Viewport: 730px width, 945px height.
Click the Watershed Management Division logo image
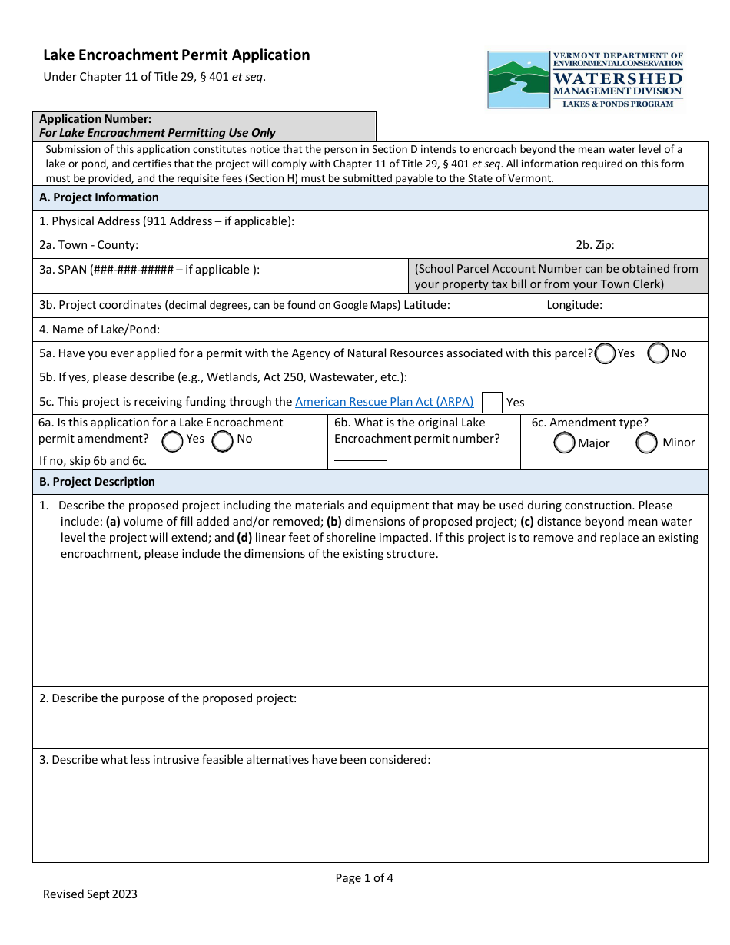(x=586, y=79)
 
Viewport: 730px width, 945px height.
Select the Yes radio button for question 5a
(x=606, y=353)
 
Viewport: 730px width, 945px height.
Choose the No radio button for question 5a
(x=659, y=353)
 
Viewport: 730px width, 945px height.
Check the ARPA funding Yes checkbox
(x=492, y=402)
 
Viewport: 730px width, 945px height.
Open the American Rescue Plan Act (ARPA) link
(x=384, y=401)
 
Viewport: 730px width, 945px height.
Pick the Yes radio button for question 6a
(x=173, y=441)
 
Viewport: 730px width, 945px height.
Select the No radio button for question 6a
(x=223, y=441)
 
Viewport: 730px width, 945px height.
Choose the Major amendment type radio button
(x=565, y=443)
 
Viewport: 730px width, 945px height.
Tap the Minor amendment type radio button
(x=646, y=443)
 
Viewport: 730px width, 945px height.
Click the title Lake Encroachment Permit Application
(x=177, y=55)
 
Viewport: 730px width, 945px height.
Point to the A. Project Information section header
(x=99, y=197)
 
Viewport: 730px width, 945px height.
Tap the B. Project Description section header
(x=98, y=482)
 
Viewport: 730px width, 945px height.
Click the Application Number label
(x=95, y=119)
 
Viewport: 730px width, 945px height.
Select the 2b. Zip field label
(x=595, y=246)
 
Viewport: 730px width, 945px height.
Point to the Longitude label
(x=574, y=305)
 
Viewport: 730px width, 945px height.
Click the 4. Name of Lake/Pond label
(x=99, y=330)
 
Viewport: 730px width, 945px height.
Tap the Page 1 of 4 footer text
(x=364, y=878)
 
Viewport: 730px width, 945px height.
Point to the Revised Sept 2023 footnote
(x=90, y=894)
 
